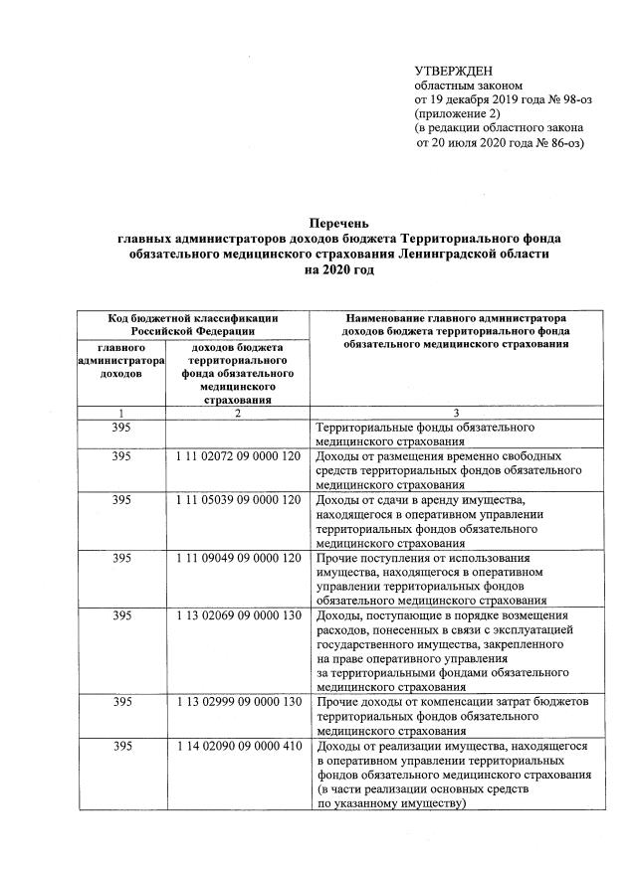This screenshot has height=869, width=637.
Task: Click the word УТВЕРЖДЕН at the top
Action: click(454, 71)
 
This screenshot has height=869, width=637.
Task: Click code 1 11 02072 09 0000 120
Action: click(238, 456)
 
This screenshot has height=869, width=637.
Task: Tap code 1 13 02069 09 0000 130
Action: click(238, 616)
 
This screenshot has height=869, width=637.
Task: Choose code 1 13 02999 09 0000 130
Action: click(238, 703)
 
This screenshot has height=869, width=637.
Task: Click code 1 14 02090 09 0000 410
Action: click(238, 746)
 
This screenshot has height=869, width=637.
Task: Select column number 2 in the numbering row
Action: click(238, 413)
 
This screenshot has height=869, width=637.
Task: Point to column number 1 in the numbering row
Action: click(121, 413)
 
